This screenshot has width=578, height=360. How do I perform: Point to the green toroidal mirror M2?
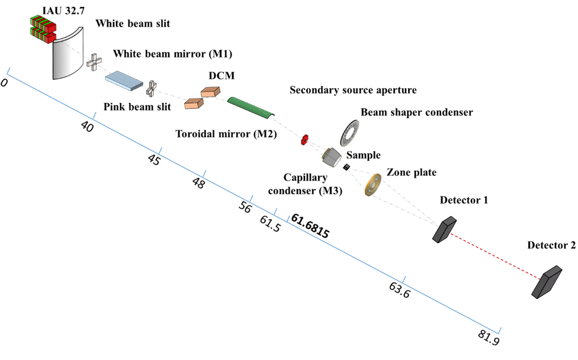251,106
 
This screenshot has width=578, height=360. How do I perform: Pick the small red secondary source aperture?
305,139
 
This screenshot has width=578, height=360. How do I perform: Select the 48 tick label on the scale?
199,183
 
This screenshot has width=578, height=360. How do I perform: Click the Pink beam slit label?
137,107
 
